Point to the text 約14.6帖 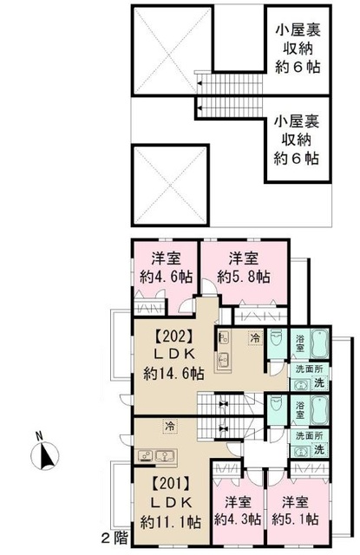pos(173,374)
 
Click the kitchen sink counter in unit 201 pos(156,457)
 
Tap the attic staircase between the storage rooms pos(228,95)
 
